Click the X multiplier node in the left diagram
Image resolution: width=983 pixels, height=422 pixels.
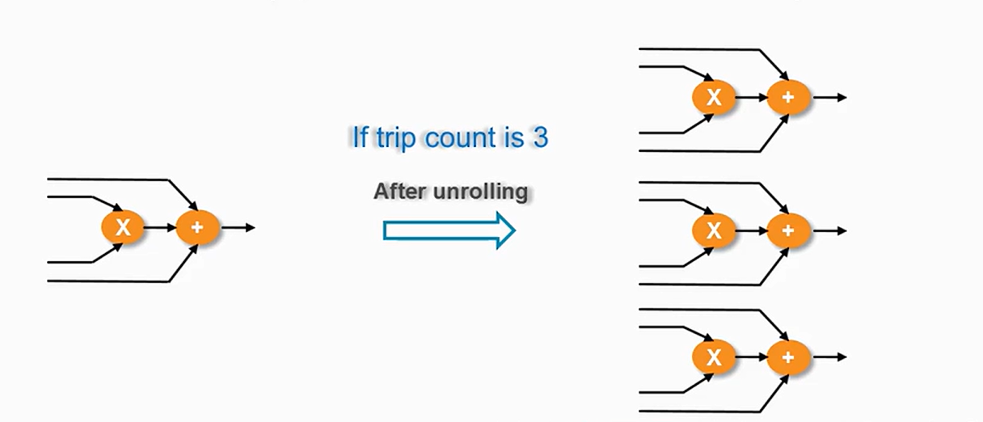tap(122, 228)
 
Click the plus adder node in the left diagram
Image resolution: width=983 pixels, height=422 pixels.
tap(197, 228)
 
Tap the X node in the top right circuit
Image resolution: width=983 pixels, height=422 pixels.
tap(713, 98)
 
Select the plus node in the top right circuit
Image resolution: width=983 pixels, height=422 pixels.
tap(788, 98)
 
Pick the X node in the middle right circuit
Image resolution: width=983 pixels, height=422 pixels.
tap(713, 231)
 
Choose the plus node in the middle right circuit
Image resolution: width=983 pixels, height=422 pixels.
tap(788, 231)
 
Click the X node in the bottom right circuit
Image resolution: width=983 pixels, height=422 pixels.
tap(713, 357)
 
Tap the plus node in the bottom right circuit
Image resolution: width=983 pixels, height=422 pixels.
tap(788, 357)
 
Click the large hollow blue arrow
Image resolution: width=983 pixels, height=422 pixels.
tap(449, 230)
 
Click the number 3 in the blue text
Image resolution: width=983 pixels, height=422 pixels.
tap(539, 138)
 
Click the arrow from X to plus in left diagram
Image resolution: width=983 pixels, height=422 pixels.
tap(160, 228)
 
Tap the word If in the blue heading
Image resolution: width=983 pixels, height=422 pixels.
tap(360, 137)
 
